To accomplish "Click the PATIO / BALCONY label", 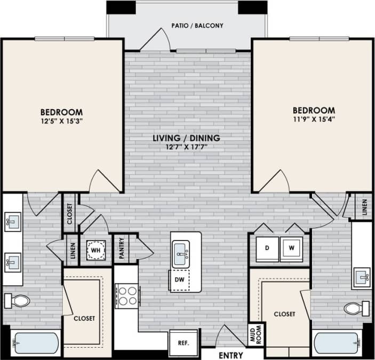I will [197, 26].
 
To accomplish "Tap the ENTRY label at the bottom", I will [230, 355].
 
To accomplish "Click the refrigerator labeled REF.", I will [177, 342].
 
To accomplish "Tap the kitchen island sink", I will [180, 250].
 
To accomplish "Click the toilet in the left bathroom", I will [17, 301].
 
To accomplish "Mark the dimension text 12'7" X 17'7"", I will [186, 147].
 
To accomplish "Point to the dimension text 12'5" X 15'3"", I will [62, 121].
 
